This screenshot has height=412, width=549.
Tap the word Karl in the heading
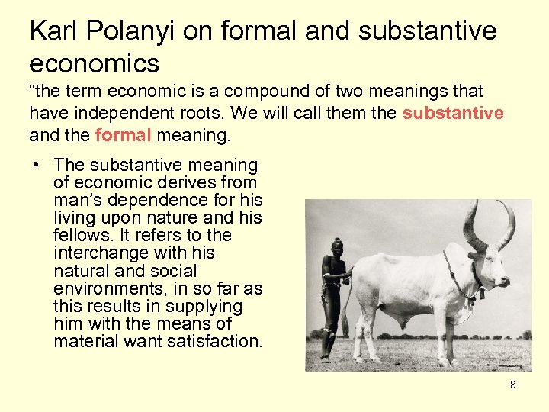point(53,31)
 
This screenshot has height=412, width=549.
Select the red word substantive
point(453,113)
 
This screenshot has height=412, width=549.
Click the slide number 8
point(512,385)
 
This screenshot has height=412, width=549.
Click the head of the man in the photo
point(337,246)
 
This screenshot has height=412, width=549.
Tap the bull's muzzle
point(504,282)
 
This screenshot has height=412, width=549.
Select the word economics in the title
point(95,62)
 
